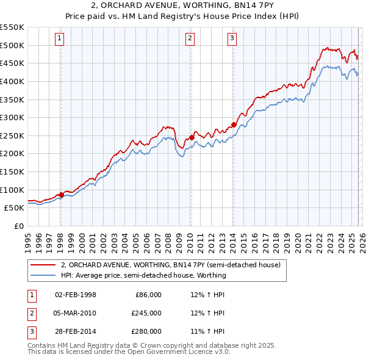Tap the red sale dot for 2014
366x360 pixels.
pyautogui.click(x=234, y=124)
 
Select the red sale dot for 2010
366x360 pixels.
pyautogui.click(x=191, y=137)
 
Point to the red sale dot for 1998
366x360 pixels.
pyautogui.click(x=61, y=195)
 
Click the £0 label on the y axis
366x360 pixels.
pyautogui.click(x=18, y=226)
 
